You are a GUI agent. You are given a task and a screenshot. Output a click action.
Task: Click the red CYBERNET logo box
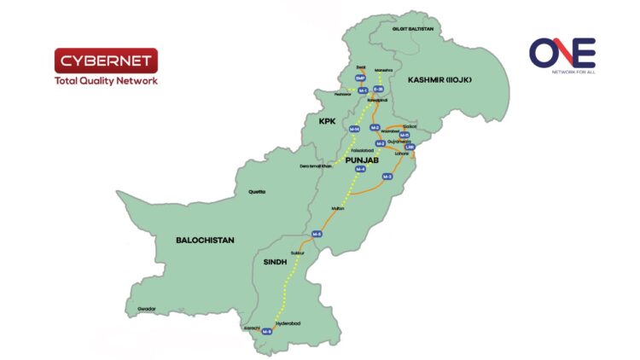click(x=105, y=61)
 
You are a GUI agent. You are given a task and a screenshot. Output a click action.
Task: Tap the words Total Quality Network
click(x=105, y=81)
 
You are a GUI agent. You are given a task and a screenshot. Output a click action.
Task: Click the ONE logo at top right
click(x=561, y=55)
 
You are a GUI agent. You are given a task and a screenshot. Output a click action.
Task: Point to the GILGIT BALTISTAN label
click(x=413, y=29)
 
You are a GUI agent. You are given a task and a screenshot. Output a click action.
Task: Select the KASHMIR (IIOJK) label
click(x=439, y=79)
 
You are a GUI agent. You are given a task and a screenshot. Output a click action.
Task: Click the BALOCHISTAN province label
click(x=205, y=241)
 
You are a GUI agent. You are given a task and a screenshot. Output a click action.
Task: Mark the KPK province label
click(x=328, y=122)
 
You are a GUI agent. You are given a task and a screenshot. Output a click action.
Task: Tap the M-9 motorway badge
click(x=267, y=331)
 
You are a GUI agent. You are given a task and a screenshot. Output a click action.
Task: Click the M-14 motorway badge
click(x=354, y=128)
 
